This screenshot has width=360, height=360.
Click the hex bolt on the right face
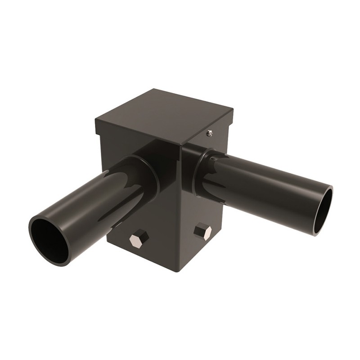(203, 232)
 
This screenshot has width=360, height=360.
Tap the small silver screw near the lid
(209, 133)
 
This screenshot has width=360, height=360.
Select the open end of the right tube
(323, 210)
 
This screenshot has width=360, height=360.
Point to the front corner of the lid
(180, 144)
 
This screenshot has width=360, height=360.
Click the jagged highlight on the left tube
(121, 180)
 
